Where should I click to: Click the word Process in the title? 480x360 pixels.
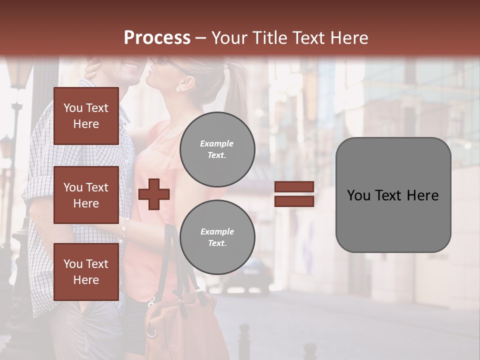pos(157,38)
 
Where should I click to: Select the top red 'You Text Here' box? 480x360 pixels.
pos(86,116)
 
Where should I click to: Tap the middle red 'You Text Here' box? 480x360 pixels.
pos(86,195)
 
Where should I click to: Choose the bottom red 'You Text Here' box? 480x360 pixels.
pos(86,272)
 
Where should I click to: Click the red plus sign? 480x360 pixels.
pos(154,194)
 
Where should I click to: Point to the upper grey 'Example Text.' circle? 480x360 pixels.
pos(217,149)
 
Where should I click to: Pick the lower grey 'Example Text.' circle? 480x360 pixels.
pos(217,237)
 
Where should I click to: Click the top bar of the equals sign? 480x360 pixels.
pos(294,187)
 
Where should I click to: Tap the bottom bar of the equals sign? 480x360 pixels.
pos(294,201)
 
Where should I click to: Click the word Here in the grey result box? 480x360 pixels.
pos(422,195)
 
